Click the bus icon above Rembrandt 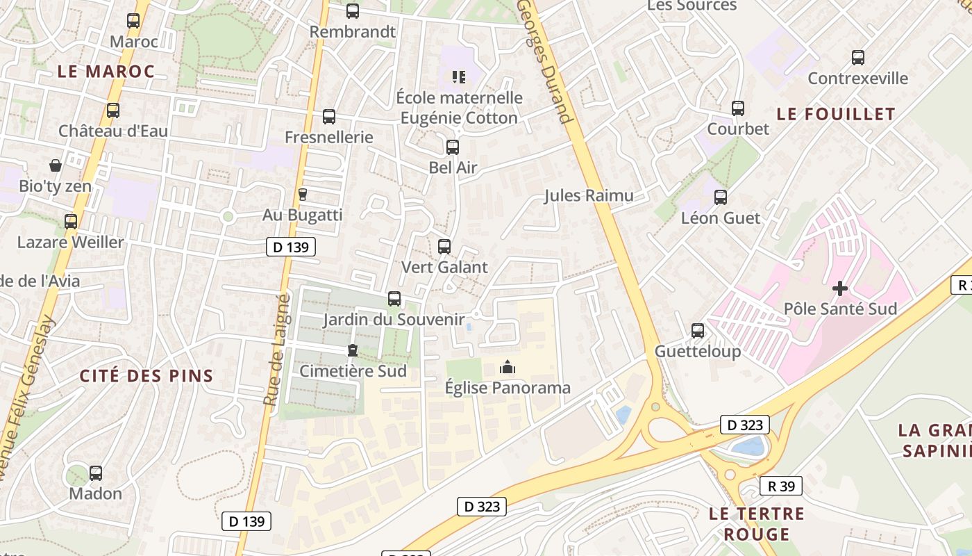tap(353, 11)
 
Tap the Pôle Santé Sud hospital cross tap(840, 288)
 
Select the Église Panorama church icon tap(508, 367)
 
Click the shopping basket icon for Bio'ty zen tap(56, 165)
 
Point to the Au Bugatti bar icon tap(302, 195)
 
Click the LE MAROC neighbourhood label tap(106, 71)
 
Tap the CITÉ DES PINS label tap(146, 376)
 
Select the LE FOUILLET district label tap(836, 114)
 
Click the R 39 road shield tap(781, 486)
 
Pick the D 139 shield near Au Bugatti tap(291, 246)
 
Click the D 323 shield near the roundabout tap(746, 425)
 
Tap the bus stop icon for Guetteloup tap(698, 331)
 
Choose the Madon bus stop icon tap(96, 473)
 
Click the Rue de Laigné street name tap(276, 350)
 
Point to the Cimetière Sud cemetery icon tap(353, 350)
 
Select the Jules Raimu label tap(589, 195)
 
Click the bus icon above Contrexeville tap(858, 58)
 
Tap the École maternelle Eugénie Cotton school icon tap(458, 76)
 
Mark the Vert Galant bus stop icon tap(444, 247)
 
